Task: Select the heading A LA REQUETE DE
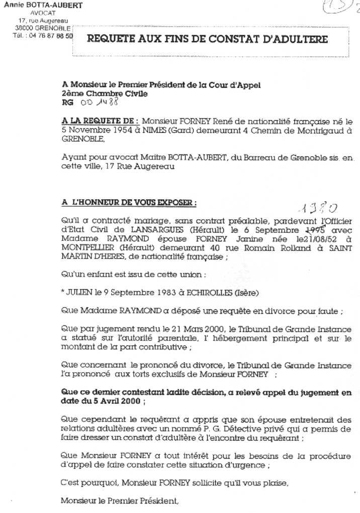tap(100, 121)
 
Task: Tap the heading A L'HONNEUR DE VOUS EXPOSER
tap(129, 202)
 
